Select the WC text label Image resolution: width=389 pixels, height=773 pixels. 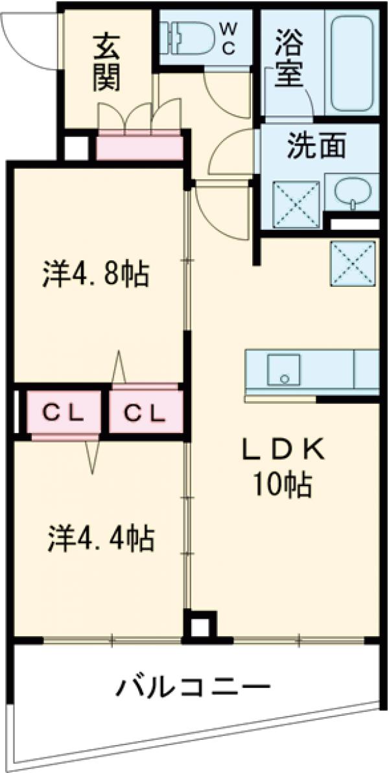coord(229,39)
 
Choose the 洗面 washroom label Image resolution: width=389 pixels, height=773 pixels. coord(317,148)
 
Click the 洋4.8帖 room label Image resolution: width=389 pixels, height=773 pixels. coord(96,275)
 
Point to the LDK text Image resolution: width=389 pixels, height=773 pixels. coord(284,450)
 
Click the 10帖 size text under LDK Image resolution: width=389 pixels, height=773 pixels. coord(283,484)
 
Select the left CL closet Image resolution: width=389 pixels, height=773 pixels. coord(63,413)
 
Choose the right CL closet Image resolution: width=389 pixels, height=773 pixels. coord(144,413)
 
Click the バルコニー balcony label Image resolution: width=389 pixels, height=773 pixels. coord(193,686)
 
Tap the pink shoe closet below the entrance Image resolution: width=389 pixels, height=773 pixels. coord(139,147)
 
